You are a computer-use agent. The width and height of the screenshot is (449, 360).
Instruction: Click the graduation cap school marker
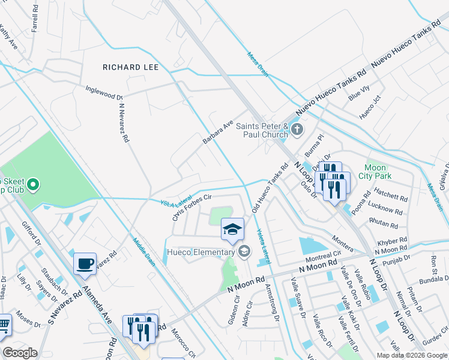(x=232, y=229)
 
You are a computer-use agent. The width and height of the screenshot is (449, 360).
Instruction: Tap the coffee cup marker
(x=85, y=263)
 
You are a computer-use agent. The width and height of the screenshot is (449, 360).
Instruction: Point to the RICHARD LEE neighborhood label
(x=131, y=67)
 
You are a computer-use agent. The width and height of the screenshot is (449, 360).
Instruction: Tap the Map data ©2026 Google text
(x=411, y=355)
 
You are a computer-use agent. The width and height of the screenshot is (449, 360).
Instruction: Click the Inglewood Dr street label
(x=104, y=92)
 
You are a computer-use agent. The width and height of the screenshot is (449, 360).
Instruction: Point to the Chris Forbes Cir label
(x=192, y=207)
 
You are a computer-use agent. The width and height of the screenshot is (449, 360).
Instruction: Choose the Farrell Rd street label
(x=35, y=20)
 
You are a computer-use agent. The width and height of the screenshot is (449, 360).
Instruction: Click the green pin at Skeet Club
(x=33, y=184)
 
